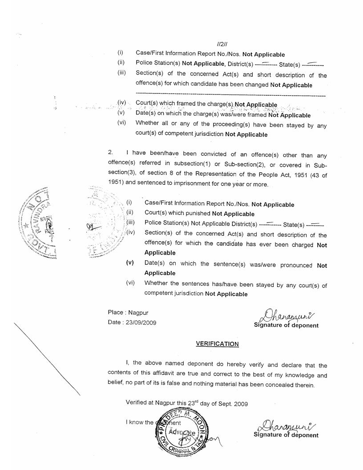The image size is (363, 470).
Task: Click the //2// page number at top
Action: tap(222, 45)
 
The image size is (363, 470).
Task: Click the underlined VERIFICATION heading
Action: tap(217, 344)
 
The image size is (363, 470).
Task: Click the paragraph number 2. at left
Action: tap(111, 153)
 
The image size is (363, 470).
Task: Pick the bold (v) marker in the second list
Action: tap(130, 263)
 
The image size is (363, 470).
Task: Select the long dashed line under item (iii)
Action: tap(230, 96)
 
